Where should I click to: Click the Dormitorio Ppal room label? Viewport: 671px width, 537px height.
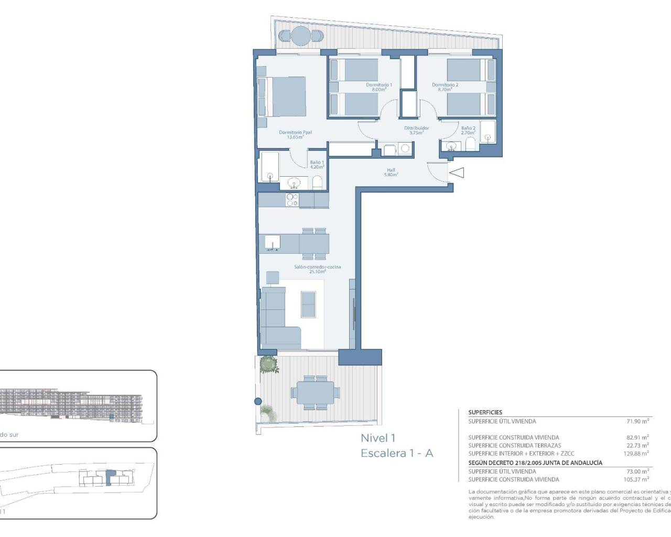295,133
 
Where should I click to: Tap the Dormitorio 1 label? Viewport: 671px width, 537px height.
378,85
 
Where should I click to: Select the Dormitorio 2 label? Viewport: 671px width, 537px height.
445,85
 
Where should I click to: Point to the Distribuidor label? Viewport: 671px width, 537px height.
416,128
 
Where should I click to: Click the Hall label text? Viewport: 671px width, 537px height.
391,170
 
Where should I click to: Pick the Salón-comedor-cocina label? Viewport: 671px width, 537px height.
317,267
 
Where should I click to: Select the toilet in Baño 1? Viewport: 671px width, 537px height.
317,182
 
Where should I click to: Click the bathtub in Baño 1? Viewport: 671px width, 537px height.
270,167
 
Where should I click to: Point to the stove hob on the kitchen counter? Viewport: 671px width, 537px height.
291,200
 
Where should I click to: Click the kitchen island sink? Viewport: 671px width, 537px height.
273,243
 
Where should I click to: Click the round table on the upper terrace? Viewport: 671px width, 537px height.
301,36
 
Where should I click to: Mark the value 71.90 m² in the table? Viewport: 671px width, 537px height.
638,421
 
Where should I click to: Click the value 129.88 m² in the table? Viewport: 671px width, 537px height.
636,453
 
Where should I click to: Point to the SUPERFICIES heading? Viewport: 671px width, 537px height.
485,413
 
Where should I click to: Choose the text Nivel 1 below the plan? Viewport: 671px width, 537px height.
377,438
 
